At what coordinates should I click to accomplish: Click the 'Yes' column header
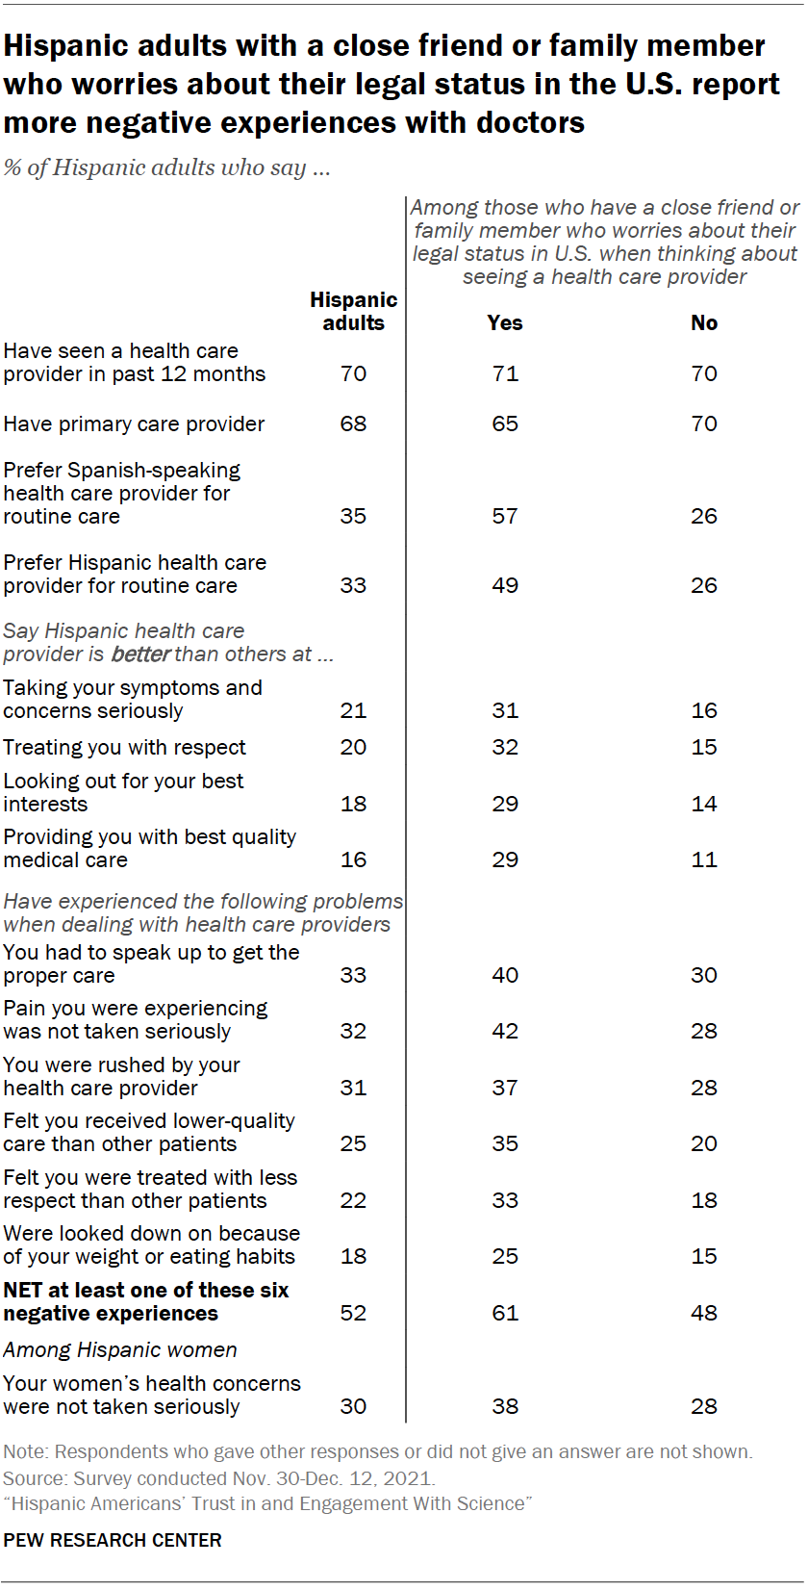click(504, 323)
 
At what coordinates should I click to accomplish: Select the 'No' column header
click(703, 323)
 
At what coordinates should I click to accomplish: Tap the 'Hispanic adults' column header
click(353, 312)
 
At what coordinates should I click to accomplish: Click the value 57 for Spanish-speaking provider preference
click(504, 517)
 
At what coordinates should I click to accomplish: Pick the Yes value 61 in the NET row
click(504, 1314)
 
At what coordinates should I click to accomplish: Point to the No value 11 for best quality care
click(703, 860)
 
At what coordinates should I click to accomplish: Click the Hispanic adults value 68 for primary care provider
click(353, 424)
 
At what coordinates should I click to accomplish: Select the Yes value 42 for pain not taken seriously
click(504, 1032)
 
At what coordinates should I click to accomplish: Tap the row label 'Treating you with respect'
click(124, 748)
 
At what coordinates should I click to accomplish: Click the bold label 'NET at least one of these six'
click(145, 1291)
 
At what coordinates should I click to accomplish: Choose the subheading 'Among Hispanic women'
click(119, 1350)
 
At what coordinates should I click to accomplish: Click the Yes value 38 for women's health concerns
click(504, 1407)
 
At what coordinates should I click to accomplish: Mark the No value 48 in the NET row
click(703, 1314)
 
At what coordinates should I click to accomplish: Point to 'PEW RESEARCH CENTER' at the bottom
click(112, 1540)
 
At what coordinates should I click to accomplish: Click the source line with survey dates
click(218, 1478)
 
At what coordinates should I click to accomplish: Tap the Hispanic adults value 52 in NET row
click(353, 1314)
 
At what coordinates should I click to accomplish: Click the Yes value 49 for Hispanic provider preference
click(504, 586)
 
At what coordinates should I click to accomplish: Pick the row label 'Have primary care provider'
click(134, 424)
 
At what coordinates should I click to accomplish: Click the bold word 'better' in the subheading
click(140, 654)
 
